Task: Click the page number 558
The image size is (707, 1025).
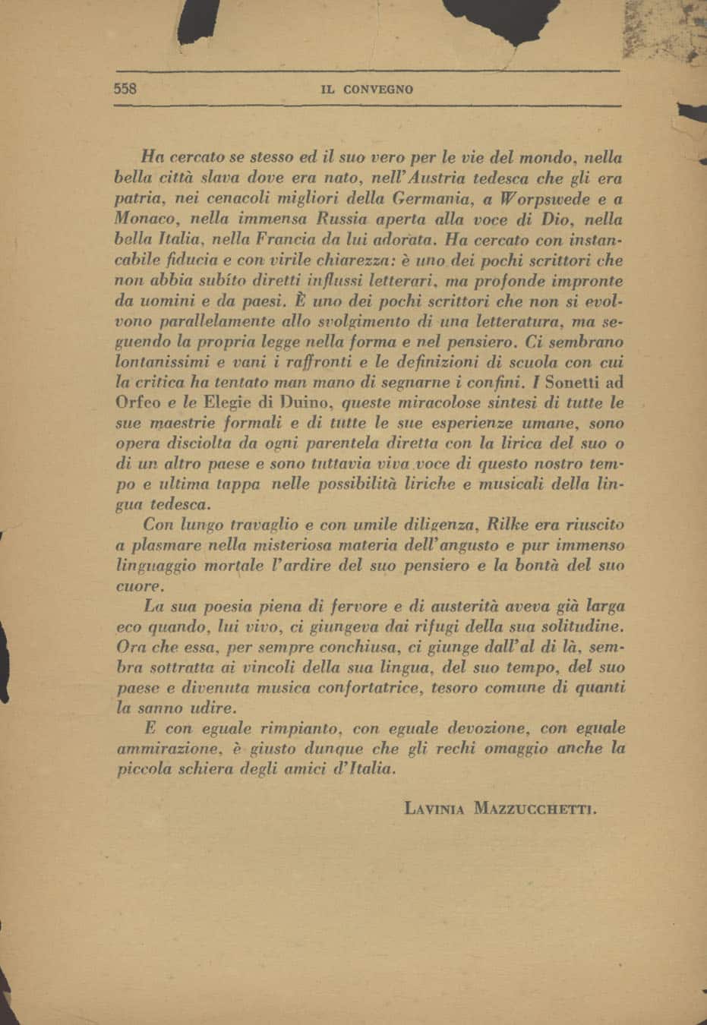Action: [125, 88]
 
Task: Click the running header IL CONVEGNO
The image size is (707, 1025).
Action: [368, 90]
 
